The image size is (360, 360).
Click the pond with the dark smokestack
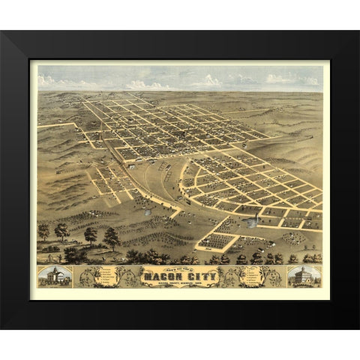click(x=256, y=220)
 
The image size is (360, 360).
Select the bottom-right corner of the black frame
click(x=357, y=327)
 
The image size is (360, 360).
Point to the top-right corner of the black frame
click(x=357, y=32)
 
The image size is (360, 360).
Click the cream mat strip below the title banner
click(x=180, y=294)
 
